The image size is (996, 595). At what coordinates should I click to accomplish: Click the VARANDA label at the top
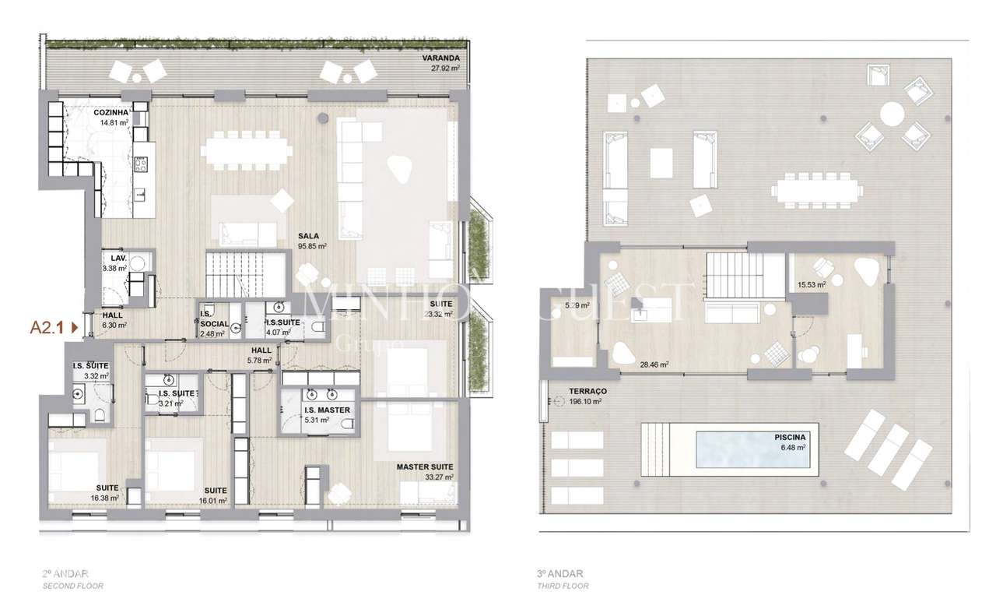pos(441,58)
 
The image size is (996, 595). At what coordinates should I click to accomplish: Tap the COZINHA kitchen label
pos(110,113)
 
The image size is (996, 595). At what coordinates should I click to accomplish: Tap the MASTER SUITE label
pos(425,467)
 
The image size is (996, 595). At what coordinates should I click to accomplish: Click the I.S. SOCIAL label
pos(213,323)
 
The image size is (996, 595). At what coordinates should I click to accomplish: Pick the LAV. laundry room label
pos(118,257)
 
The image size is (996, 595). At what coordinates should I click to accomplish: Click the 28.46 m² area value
pos(654,364)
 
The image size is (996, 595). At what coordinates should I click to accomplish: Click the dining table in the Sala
pos(246,150)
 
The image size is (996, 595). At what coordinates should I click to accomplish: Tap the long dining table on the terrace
pos(817,190)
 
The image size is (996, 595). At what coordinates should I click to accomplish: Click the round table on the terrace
pos(892,115)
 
